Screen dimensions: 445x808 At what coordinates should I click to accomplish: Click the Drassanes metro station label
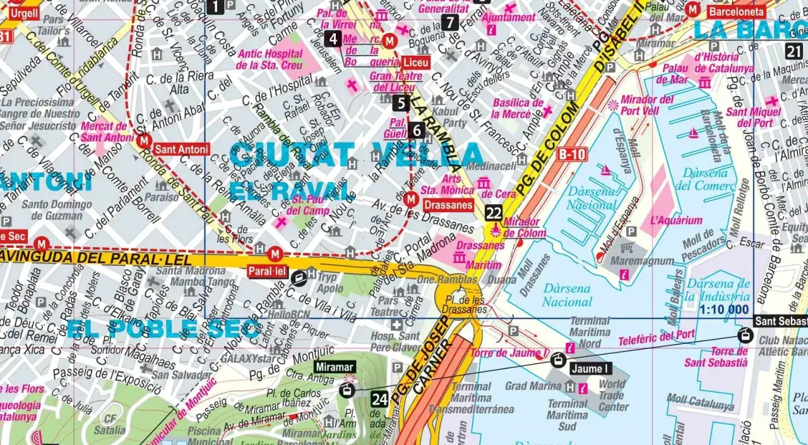point(449,205)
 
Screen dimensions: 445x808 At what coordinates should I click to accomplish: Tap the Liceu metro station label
point(415,62)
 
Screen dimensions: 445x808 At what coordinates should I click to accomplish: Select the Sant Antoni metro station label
point(181,150)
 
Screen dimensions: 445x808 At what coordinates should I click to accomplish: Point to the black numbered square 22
point(494,213)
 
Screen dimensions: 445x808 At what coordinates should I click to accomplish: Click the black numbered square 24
point(379,399)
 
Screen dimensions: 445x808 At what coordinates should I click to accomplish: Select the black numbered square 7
point(449,22)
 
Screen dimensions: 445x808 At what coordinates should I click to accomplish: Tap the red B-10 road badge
point(572,154)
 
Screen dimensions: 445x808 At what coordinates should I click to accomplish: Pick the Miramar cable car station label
point(335,367)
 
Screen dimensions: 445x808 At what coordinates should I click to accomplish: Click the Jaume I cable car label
point(590,369)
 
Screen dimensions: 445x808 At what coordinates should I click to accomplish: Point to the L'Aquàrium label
point(675,221)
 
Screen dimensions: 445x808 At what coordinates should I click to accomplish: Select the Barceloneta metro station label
point(736,11)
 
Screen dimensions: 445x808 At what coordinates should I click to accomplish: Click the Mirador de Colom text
point(521,227)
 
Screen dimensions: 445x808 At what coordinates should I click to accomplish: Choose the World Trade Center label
point(613,395)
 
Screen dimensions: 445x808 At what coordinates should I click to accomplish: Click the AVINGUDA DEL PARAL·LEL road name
point(95,258)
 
